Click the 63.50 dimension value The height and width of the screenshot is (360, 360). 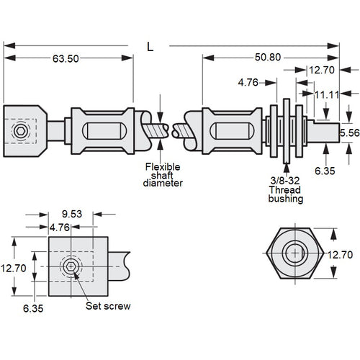pyautogui.click(x=66, y=59)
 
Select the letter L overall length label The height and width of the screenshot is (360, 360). pyautogui.click(x=150, y=47)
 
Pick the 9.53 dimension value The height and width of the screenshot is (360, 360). pyautogui.click(x=72, y=214)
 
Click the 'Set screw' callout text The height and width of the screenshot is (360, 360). pyautogui.click(x=108, y=306)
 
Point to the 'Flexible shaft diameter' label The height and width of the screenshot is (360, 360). pyautogui.click(x=163, y=175)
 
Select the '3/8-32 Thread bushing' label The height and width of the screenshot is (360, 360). pyautogui.click(x=286, y=189)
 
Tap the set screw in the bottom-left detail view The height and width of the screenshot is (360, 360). pyautogui.click(x=71, y=267)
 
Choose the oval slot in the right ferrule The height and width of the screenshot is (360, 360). pyautogui.click(x=232, y=132)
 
